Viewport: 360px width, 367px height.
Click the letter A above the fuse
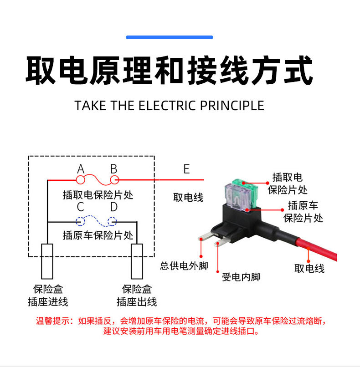click(81, 169)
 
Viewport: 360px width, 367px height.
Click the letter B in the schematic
click(114, 169)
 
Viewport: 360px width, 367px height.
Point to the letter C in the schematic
click(81, 208)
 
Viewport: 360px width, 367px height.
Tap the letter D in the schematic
click(114, 208)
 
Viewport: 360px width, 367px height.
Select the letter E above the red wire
click(186, 169)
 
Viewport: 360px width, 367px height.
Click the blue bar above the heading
click(170, 37)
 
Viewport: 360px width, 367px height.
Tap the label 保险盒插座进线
click(48, 295)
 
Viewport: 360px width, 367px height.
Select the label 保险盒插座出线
click(137, 295)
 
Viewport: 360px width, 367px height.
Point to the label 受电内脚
click(241, 277)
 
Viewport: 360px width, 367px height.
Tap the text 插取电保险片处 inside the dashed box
click(98, 195)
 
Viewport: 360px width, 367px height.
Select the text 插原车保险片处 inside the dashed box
click(98, 235)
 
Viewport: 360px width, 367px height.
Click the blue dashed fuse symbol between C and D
click(97, 221)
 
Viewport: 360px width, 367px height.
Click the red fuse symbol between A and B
click(97, 180)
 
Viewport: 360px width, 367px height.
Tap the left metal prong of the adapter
click(206, 238)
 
